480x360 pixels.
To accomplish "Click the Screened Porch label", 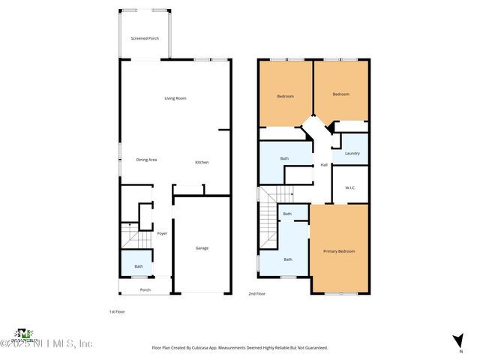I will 145,38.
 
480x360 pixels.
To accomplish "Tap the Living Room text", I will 175,98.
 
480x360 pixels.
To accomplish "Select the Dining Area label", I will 146,160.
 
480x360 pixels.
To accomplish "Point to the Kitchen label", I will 202,163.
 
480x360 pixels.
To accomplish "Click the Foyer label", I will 162,233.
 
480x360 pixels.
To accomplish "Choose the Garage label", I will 202,247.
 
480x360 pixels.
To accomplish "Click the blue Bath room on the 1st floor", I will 138,266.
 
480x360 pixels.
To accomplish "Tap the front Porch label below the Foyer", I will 145,289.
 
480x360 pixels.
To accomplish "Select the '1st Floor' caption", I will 117,311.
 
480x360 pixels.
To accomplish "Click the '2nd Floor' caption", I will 257,294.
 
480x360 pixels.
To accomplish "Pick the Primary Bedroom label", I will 339,251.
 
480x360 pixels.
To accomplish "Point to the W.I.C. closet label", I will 349,188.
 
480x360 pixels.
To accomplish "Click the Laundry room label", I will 352,154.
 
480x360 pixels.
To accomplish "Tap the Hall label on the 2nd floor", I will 324,165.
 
